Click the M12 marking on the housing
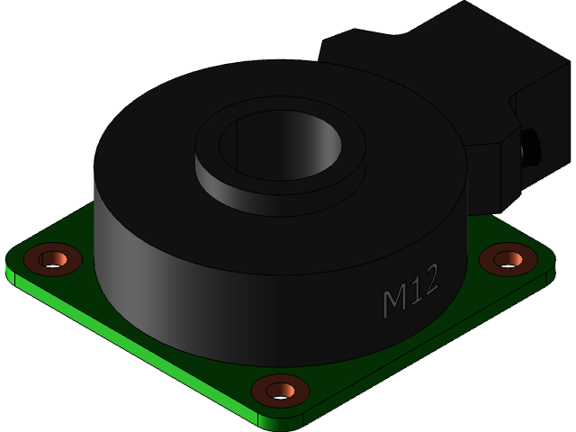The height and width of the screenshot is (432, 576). coord(410,290)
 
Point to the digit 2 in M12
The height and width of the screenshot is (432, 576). coord(429,279)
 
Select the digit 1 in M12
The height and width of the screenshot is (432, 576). coord(413,289)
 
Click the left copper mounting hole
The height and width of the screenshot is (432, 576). coord(52,259)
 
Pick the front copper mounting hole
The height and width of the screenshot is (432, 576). coord(280,391)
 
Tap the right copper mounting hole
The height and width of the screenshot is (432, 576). coord(508,259)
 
